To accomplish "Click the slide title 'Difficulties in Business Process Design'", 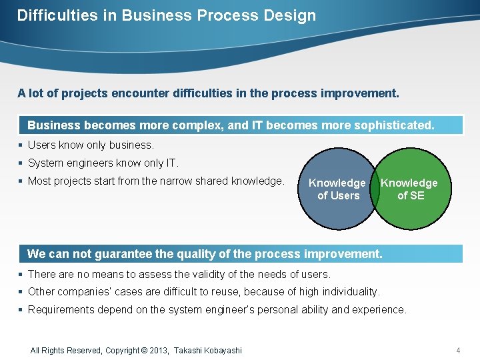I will click(x=167, y=15).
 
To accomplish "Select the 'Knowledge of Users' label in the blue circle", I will click(x=337, y=189).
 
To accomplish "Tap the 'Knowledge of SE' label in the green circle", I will click(x=409, y=189).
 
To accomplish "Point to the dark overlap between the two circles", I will click(x=375, y=189).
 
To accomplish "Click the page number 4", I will click(x=458, y=350).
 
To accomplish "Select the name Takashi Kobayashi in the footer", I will click(x=208, y=350).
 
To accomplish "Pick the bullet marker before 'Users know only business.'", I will click(x=21, y=145).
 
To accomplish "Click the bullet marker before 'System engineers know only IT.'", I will click(x=21, y=163).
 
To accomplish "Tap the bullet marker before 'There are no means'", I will click(x=21, y=274).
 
